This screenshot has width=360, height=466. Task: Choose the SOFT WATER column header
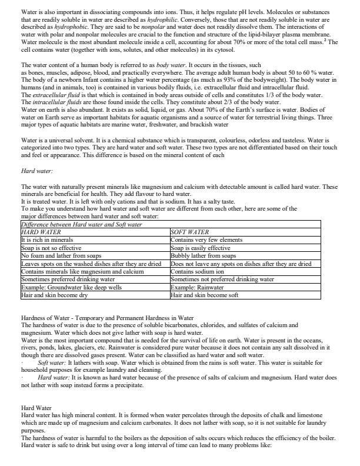[x=189, y=232]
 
